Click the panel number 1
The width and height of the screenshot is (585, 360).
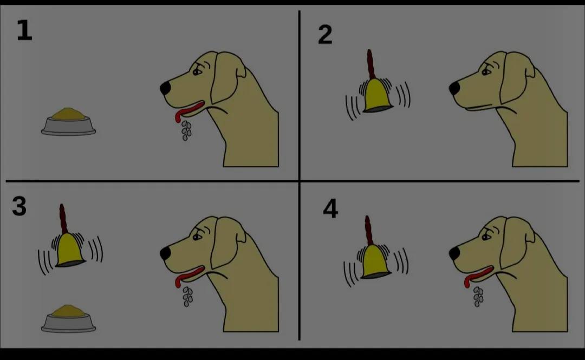pyautogui.click(x=24, y=30)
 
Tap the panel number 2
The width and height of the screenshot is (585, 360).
pyautogui.click(x=325, y=35)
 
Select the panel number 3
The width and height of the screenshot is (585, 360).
pyautogui.click(x=19, y=206)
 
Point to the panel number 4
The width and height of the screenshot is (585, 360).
pyautogui.click(x=330, y=208)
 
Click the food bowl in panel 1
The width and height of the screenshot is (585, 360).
pyautogui.click(x=69, y=121)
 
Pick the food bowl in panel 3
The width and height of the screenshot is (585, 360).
pyautogui.click(x=69, y=318)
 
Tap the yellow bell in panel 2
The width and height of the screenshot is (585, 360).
pyautogui.click(x=378, y=96)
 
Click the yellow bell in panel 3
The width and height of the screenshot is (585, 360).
pyautogui.click(x=70, y=250)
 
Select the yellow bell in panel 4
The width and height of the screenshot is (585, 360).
pyautogui.click(x=375, y=262)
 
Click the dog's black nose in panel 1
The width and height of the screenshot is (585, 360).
pyautogui.click(x=165, y=88)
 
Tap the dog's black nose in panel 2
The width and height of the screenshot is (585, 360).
pyautogui.click(x=454, y=88)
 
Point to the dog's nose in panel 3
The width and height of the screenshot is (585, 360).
pyautogui.click(x=165, y=253)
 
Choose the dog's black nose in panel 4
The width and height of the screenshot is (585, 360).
pyautogui.click(x=454, y=253)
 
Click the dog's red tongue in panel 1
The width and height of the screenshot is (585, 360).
pyautogui.click(x=189, y=110)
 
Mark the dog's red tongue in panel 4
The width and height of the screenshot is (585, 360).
pyautogui.click(x=478, y=276)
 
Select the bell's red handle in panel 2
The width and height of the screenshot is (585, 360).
pyautogui.click(x=370, y=64)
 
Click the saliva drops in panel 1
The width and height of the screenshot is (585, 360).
pyautogui.click(x=186, y=130)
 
